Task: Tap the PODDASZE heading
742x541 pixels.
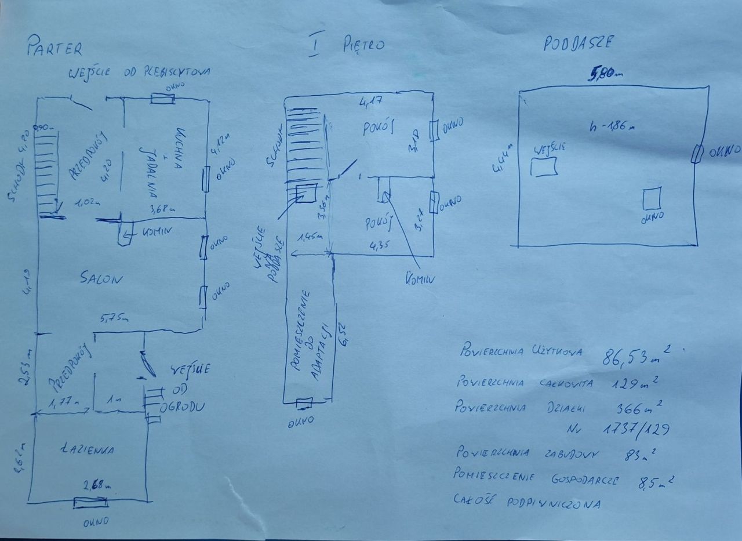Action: (x=578, y=44)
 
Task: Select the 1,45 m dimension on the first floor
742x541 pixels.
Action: (x=310, y=238)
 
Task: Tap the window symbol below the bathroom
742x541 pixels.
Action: (x=91, y=502)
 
